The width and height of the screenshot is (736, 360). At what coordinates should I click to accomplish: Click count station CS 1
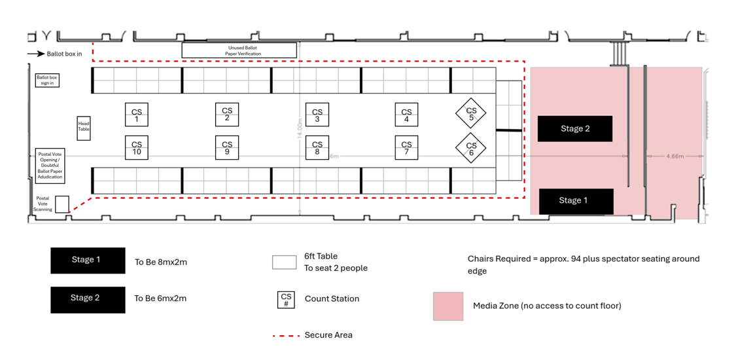(137, 115)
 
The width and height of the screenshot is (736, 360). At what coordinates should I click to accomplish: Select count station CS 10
(137, 148)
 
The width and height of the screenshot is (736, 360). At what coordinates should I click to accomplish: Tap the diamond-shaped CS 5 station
(471, 114)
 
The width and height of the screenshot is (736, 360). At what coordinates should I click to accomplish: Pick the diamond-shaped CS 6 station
(471, 149)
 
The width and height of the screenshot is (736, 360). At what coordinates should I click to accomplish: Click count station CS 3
(317, 115)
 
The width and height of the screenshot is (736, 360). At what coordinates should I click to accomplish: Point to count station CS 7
(407, 148)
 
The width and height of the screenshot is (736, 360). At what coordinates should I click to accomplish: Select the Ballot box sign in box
(47, 80)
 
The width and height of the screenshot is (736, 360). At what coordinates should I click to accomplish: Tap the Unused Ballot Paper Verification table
(239, 50)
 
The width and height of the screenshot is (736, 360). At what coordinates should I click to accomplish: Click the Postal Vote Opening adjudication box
(50, 165)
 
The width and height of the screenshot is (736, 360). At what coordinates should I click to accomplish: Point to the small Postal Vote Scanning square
(62, 204)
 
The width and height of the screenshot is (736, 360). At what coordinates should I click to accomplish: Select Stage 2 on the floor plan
(575, 129)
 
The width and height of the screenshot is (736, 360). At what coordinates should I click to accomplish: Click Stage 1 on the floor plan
(576, 201)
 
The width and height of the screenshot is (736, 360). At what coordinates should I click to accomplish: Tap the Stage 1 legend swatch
(88, 261)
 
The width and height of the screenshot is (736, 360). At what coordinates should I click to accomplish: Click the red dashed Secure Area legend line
(285, 335)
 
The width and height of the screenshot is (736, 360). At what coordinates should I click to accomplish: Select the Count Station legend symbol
(286, 299)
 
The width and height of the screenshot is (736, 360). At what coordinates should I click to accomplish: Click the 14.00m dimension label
(300, 128)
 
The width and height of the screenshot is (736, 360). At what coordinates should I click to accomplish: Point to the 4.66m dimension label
(675, 156)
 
